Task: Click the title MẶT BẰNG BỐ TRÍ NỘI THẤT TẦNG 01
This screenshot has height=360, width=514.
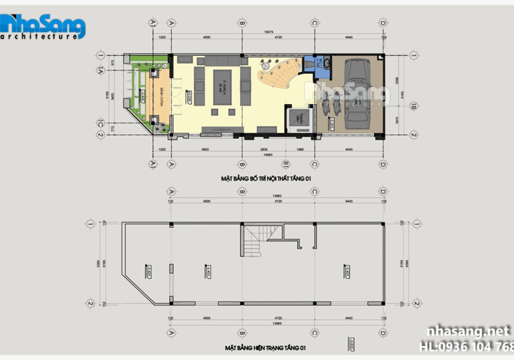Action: point(266,178)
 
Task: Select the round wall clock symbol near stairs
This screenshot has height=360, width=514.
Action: point(265,66)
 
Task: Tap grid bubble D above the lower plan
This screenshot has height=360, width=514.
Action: point(382,191)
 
